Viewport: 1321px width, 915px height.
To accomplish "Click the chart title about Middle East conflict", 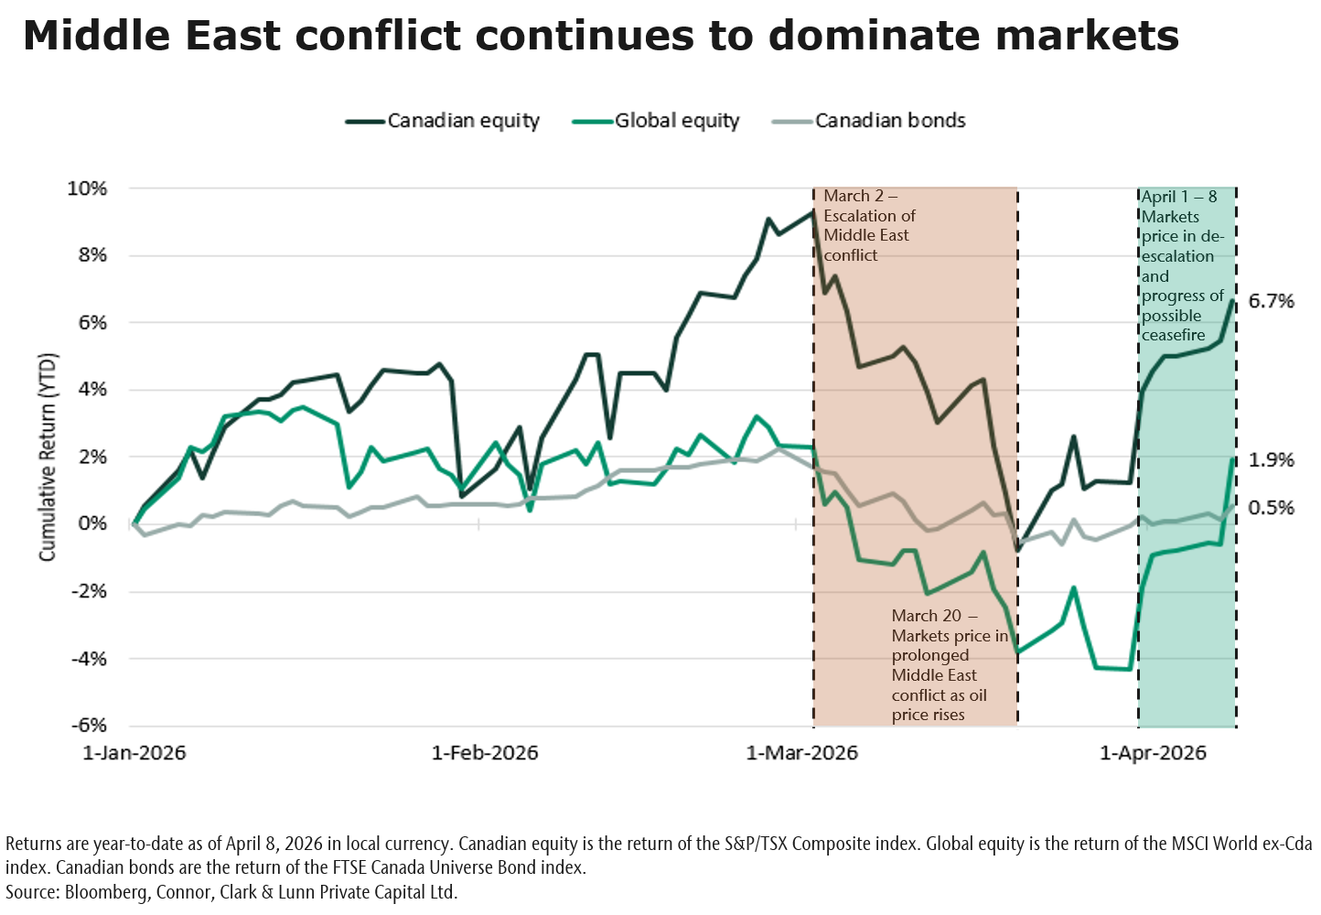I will click(600, 37).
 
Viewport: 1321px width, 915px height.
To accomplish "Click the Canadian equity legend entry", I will click(463, 121).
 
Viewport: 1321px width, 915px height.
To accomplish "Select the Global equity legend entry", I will click(676, 121).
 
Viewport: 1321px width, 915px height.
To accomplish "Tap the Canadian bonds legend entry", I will click(889, 121).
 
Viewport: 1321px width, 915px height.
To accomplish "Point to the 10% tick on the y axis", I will click(87, 188).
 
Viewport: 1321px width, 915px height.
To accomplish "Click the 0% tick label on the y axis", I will click(91, 524).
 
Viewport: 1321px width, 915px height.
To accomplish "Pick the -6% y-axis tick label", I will click(89, 726).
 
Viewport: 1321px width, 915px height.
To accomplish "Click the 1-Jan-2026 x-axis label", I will click(134, 753).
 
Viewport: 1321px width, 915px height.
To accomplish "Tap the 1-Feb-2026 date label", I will click(485, 753).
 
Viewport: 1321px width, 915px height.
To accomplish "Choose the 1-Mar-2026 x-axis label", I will click(802, 753).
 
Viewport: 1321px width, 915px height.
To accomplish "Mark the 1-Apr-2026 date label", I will click(1153, 753).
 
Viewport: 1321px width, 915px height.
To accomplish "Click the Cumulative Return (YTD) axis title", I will click(48, 457).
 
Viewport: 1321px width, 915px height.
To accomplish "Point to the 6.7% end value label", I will click(1272, 302).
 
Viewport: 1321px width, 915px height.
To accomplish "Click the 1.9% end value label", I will click(1272, 460).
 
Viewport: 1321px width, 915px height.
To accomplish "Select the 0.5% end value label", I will click(1272, 508).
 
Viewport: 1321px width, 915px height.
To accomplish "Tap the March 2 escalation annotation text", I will click(868, 225).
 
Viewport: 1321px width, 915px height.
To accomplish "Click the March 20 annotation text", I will click(949, 665).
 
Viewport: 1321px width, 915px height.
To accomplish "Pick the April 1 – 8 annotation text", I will click(1182, 265).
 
